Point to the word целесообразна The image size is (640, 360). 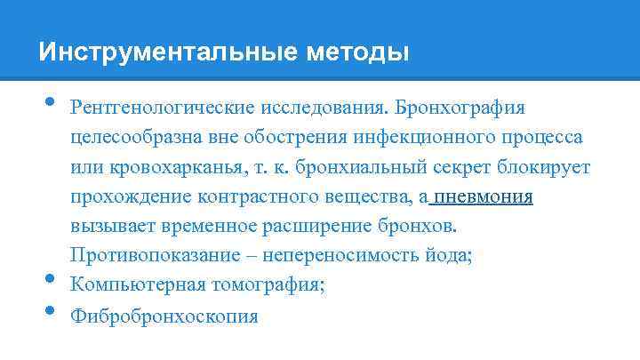(132, 139)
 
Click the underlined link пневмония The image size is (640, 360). (484, 197)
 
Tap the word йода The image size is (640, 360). (452, 256)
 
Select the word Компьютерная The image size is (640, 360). (133, 285)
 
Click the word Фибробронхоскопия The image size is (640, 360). (165, 316)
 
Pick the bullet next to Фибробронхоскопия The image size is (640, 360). (47, 311)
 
